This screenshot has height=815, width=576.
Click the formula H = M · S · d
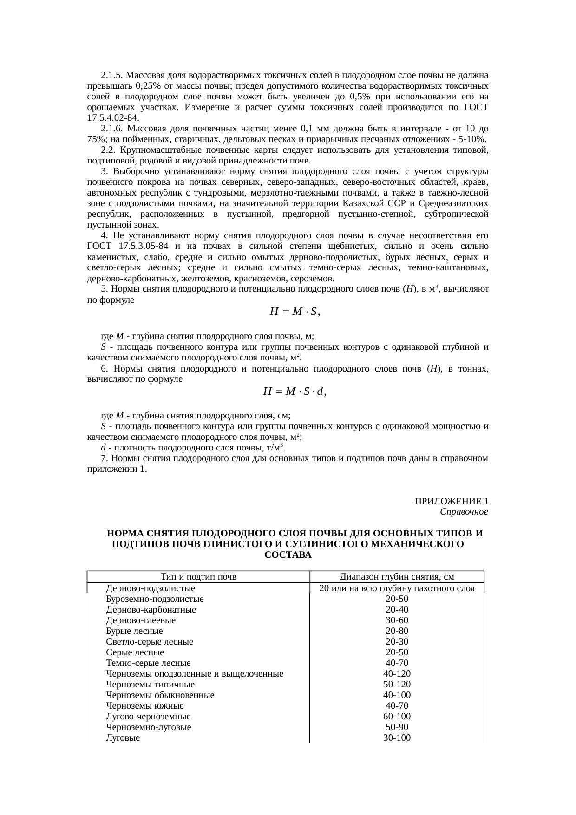point(295,391)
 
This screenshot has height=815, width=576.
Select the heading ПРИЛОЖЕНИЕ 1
point(451,502)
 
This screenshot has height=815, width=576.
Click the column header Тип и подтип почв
point(198,577)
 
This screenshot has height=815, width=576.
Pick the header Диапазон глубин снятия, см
point(397,577)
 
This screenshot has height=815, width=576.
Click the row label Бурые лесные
point(134,631)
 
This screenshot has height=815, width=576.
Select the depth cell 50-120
point(397,685)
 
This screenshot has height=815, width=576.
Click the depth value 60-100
point(397,717)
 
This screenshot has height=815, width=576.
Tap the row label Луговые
point(123,738)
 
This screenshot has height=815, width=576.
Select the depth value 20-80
point(397,631)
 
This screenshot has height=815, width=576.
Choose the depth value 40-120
point(397,674)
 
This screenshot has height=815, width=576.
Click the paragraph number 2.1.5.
point(111,75)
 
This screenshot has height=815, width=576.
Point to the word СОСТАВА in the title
point(288,555)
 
